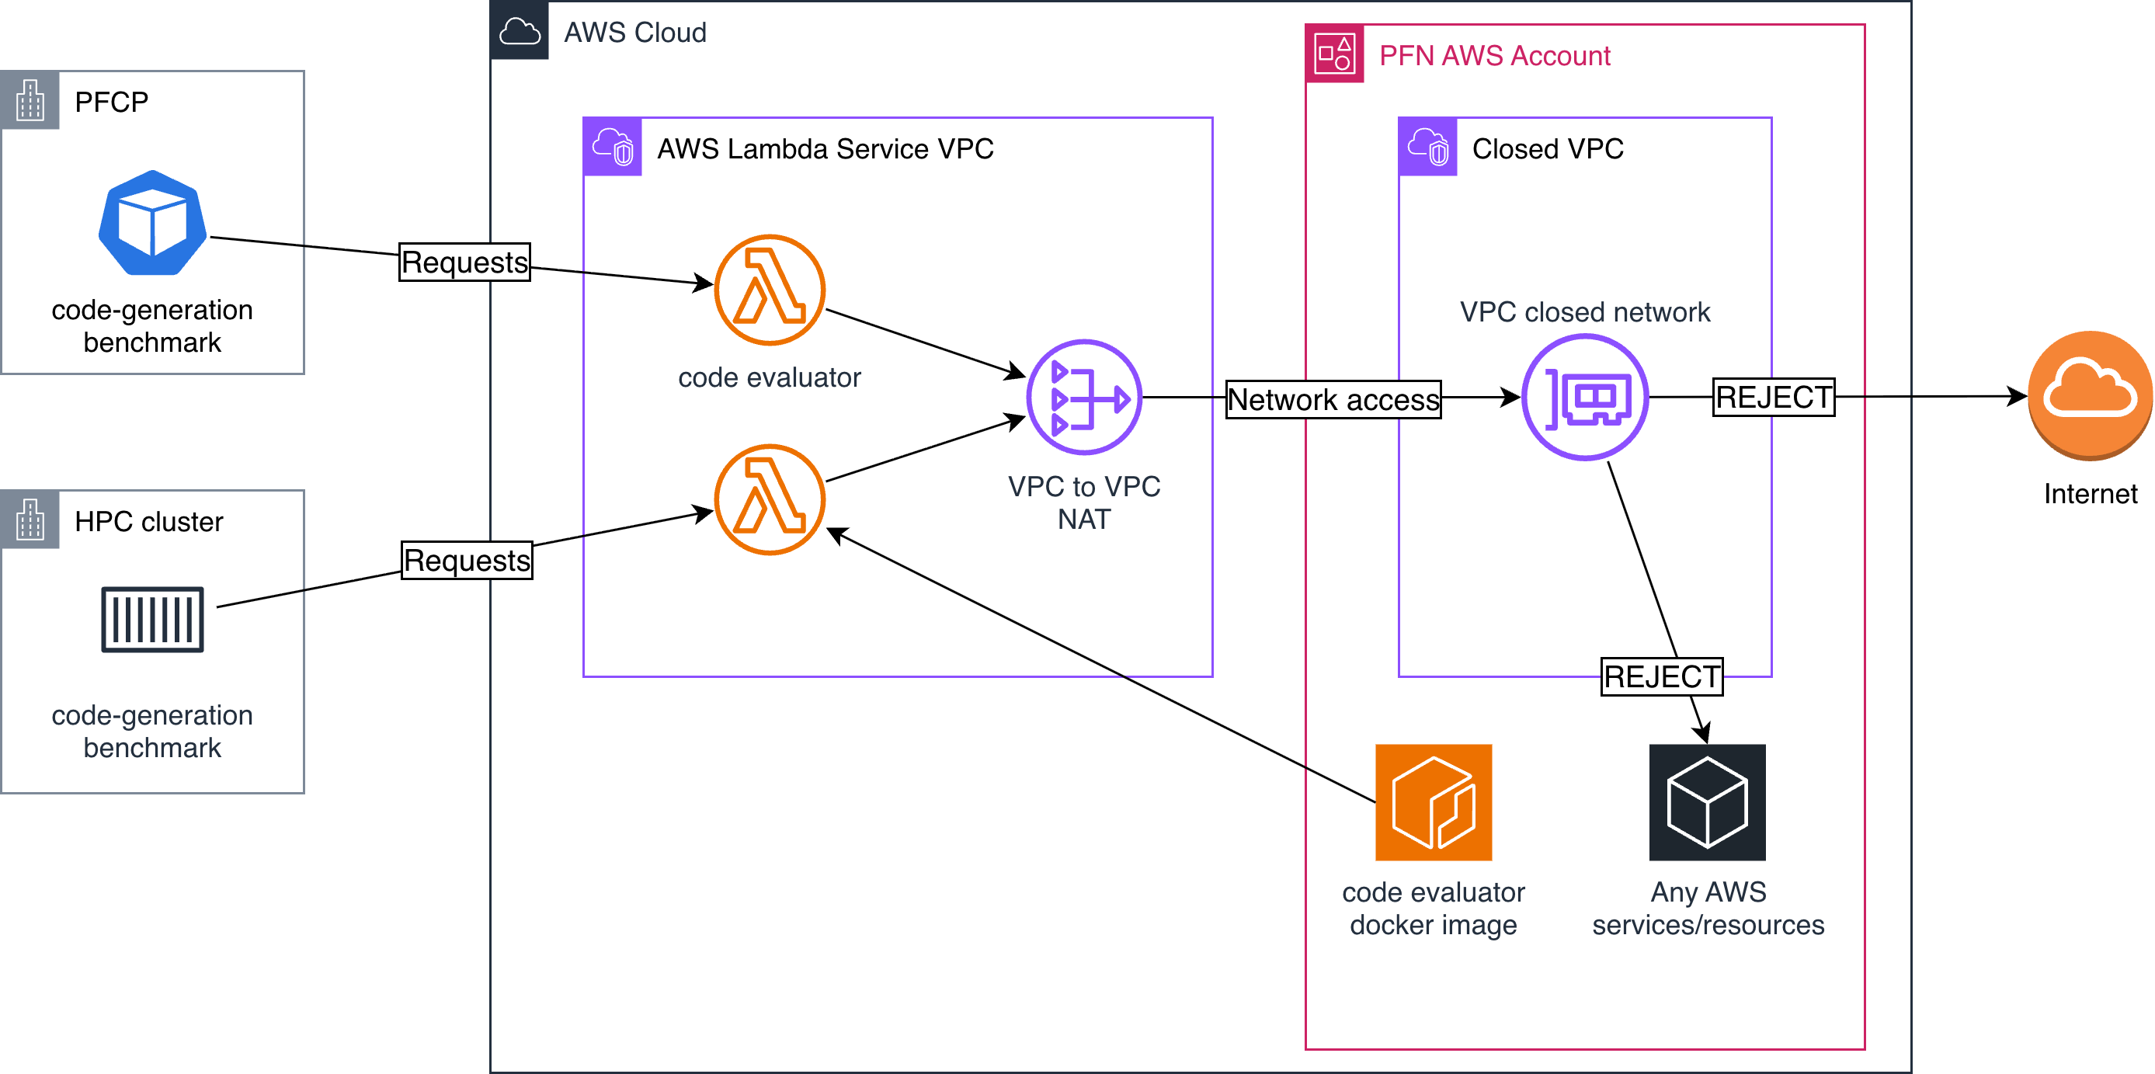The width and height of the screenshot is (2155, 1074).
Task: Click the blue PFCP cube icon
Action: coord(152,224)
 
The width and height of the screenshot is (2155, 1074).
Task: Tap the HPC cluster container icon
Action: coord(152,619)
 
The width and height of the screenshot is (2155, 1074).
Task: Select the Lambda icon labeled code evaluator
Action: coord(770,290)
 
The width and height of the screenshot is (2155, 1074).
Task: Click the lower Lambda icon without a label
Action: coord(770,499)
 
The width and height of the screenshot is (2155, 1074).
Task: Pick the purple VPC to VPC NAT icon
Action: coord(1084,398)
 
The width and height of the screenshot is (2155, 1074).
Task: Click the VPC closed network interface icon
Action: coord(1585,398)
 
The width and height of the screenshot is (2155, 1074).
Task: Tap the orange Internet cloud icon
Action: coord(2090,394)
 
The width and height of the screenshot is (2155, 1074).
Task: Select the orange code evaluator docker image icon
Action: coord(1434,802)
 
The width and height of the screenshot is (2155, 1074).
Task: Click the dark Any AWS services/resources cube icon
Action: coord(1708,802)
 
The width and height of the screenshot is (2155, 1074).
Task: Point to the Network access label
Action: coord(1333,399)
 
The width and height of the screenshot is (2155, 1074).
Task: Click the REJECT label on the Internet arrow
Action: coord(1774,397)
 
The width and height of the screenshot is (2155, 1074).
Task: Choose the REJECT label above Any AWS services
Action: coord(1662,676)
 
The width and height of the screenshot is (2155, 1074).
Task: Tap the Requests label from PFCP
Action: coord(465,262)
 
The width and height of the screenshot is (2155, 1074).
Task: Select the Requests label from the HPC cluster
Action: coord(467,560)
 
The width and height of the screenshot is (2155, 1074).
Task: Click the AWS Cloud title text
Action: coord(635,32)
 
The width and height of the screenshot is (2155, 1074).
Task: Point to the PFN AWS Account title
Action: coord(1494,55)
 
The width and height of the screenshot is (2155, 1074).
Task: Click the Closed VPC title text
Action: coord(1548,148)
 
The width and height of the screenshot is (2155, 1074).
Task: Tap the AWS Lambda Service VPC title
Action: coord(825,148)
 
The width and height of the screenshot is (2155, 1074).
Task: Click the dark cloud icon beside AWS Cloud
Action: coord(520,31)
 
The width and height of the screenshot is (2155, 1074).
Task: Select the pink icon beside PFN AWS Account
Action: coord(1335,54)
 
